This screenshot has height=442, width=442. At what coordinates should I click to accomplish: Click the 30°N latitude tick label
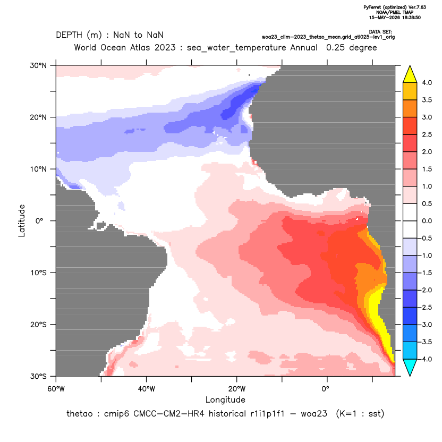click(x=38, y=65)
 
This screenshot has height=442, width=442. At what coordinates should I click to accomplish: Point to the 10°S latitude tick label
click(x=38, y=273)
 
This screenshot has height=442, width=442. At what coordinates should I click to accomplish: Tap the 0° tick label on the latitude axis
click(x=39, y=220)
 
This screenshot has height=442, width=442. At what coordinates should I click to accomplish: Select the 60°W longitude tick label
click(x=56, y=389)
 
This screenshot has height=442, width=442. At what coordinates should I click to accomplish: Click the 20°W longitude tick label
click(x=237, y=389)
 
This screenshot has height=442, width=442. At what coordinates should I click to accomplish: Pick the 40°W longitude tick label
click(x=146, y=389)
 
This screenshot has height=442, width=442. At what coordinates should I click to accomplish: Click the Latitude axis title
click(x=22, y=220)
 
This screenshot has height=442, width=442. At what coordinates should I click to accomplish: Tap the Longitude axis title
click(x=225, y=399)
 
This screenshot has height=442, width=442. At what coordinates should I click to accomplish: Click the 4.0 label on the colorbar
click(x=427, y=82)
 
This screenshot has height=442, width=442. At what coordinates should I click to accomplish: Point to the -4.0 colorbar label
click(x=426, y=359)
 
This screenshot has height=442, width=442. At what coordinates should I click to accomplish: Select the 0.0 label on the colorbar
click(x=427, y=220)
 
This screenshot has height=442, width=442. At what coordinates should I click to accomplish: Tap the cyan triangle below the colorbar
click(x=410, y=367)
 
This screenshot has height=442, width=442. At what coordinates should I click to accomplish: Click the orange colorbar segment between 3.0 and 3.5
click(x=410, y=108)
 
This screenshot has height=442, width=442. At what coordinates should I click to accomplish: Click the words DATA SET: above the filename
click(x=380, y=32)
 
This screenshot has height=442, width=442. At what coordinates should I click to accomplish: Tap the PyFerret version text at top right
click(x=395, y=7)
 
